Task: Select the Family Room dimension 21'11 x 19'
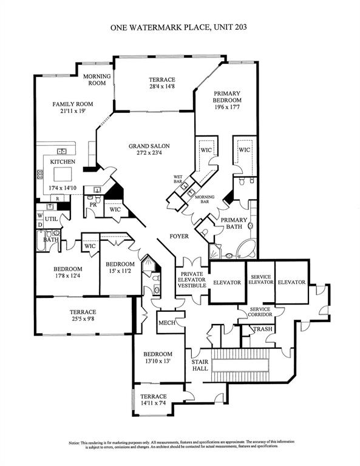pos(70,112)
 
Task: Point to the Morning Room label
pos(97,79)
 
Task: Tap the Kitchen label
pos(63,162)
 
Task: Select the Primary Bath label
pos(233,223)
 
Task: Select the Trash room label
pos(263,329)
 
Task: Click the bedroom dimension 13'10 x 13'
pos(157,362)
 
